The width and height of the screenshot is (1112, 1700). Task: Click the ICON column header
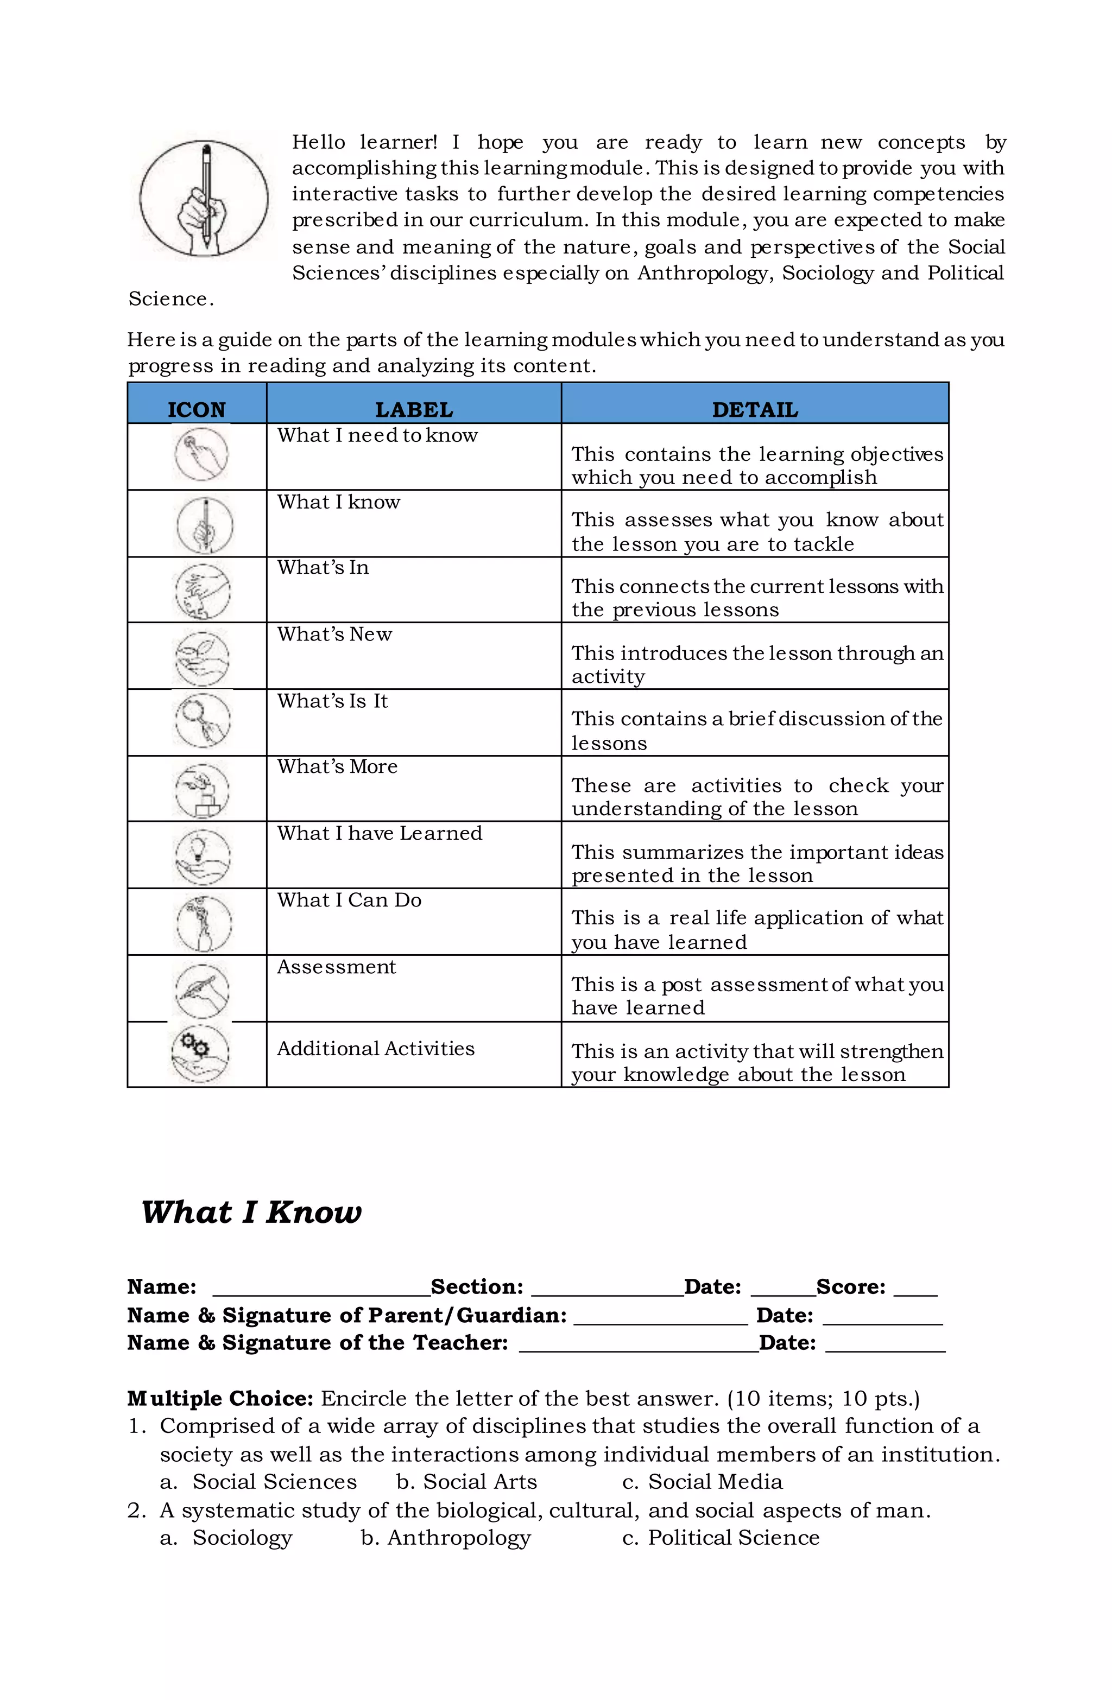[197, 409]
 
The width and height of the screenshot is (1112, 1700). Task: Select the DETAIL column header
[754, 409]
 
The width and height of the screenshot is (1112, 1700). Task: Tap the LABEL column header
[414, 409]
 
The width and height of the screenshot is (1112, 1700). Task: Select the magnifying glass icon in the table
[202, 720]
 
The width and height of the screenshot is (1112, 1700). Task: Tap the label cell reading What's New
[334, 635]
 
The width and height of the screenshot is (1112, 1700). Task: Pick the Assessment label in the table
[336, 967]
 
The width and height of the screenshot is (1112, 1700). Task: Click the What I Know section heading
[251, 1212]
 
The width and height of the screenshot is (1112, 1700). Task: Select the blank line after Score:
[915, 1288]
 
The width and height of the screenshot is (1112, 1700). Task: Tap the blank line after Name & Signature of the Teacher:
[637, 1343]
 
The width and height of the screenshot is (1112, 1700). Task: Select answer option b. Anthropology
[445, 1537]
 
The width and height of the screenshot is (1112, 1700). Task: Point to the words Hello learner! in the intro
[364, 142]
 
